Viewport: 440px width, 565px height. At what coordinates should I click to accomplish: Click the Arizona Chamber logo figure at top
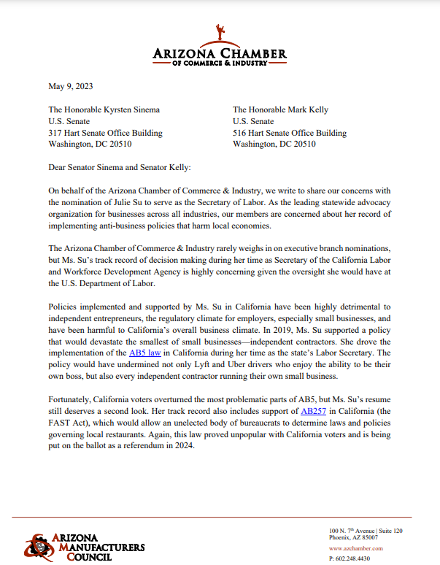pos(220,34)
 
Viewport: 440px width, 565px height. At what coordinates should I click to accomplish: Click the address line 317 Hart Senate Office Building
pos(105,133)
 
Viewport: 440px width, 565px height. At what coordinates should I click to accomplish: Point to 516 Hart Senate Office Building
pos(290,133)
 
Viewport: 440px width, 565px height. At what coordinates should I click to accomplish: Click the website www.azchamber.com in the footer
pos(355,547)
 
